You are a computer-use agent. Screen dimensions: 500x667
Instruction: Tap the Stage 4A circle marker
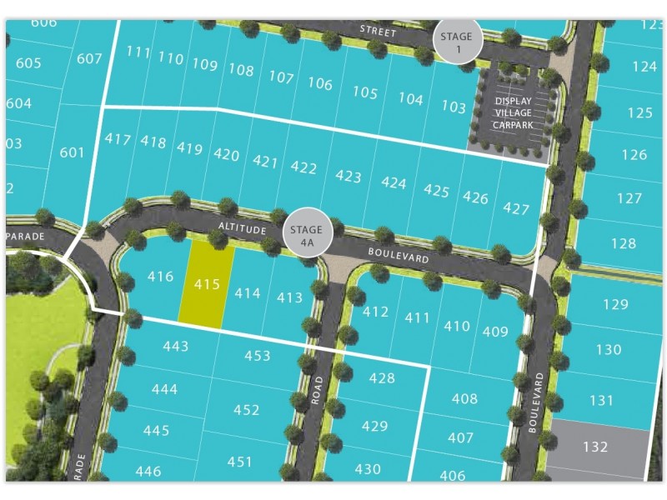click(x=308, y=230)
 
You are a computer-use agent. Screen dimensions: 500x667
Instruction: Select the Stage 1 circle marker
click(x=458, y=39)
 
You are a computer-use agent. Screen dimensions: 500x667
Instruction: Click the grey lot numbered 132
click(x=595, y=447)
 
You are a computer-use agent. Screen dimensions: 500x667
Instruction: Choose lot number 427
click(x=516, y=208)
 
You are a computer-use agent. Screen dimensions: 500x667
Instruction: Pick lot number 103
click(x=454, y=107)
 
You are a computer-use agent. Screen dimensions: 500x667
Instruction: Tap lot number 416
click(x=159, y=277)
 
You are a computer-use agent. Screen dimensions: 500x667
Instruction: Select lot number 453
click(x=257, y=356)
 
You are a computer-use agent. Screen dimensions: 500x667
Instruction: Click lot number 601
click(x=73, y=152)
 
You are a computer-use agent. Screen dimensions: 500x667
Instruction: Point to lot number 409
click(x=495, y=332)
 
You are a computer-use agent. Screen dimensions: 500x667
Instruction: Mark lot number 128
click(x=623, y=243)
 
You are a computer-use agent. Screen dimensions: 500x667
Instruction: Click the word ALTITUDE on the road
click(x=243, y=227)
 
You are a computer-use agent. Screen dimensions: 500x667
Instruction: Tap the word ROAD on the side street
click(x=317, y=392)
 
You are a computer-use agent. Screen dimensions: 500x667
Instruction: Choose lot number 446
click(x=148, y=472)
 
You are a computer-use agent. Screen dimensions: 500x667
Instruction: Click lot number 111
click(x=138, y=52)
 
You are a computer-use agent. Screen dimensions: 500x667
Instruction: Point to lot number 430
click(x=367, y=469)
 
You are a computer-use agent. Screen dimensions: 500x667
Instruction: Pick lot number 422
click(x=303, y=167)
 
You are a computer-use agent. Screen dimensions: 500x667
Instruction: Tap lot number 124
click(x=644, y=66)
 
